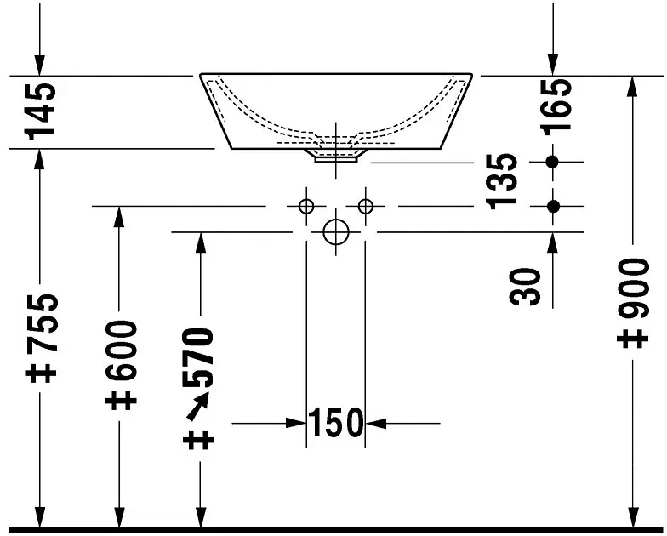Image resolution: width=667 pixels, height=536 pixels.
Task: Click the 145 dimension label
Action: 41,111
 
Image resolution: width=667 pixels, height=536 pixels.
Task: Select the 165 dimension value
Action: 556,105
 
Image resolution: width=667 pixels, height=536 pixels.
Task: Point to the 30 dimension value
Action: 525,287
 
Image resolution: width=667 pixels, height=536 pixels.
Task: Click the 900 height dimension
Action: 634,288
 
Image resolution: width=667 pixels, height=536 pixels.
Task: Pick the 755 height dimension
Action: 41,322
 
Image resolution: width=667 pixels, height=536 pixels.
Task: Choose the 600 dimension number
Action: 121,351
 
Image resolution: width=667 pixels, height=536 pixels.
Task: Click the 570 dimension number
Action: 197,357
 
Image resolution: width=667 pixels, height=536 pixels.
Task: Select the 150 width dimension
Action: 335,423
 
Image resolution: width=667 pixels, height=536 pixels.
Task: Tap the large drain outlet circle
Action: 336,232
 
